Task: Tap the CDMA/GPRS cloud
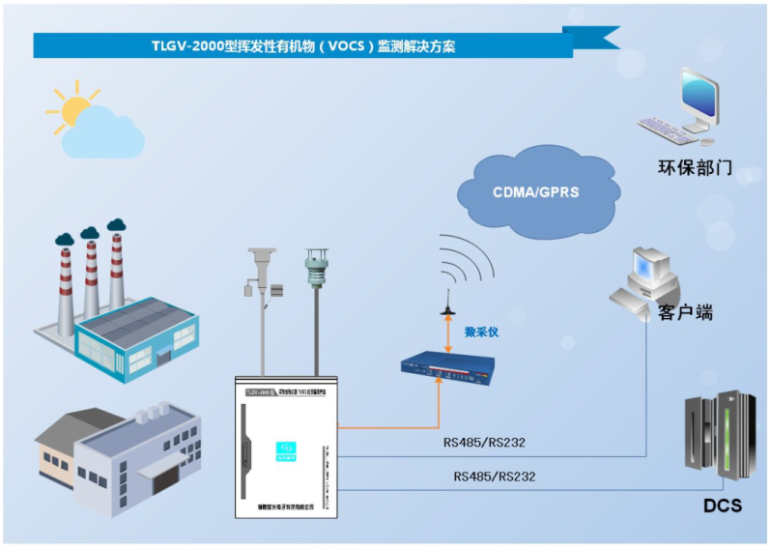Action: [535, 191]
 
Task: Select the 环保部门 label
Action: [694, 168]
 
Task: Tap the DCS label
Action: [722, 506]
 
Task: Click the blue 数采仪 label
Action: [482, 333]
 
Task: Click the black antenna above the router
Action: [447, 302]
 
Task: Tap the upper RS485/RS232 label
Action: [484, 444]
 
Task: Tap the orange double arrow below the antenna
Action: [447, 334]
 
